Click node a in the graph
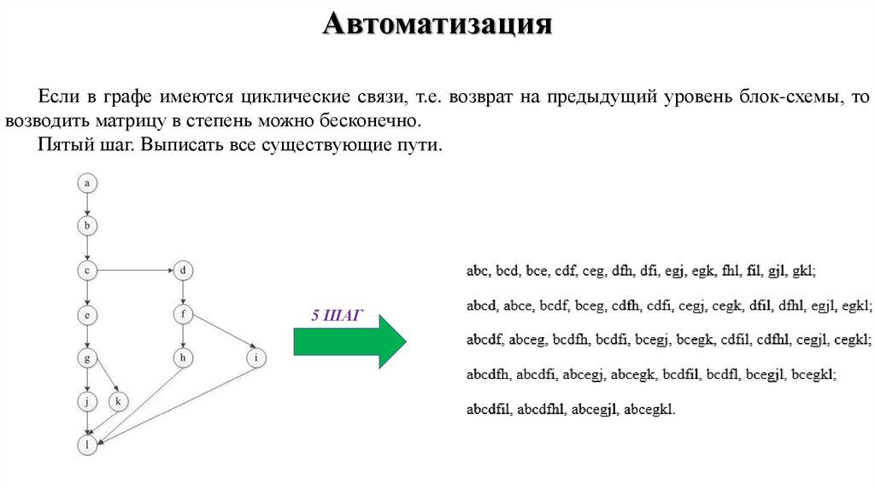[x=87, y=182]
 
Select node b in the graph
[x=87, y=226]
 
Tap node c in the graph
[x=87, y=271]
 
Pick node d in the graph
[x=183, y=271]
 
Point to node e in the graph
[x=87, y=315]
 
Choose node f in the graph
[x=183, y=314]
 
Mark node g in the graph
[x=87, y=358]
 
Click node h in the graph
[x=183, y=358]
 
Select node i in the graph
[x=255, y=358]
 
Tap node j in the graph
[x=87, y=401]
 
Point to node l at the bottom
[x=87, y=445]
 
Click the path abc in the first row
[x=478, y=271]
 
